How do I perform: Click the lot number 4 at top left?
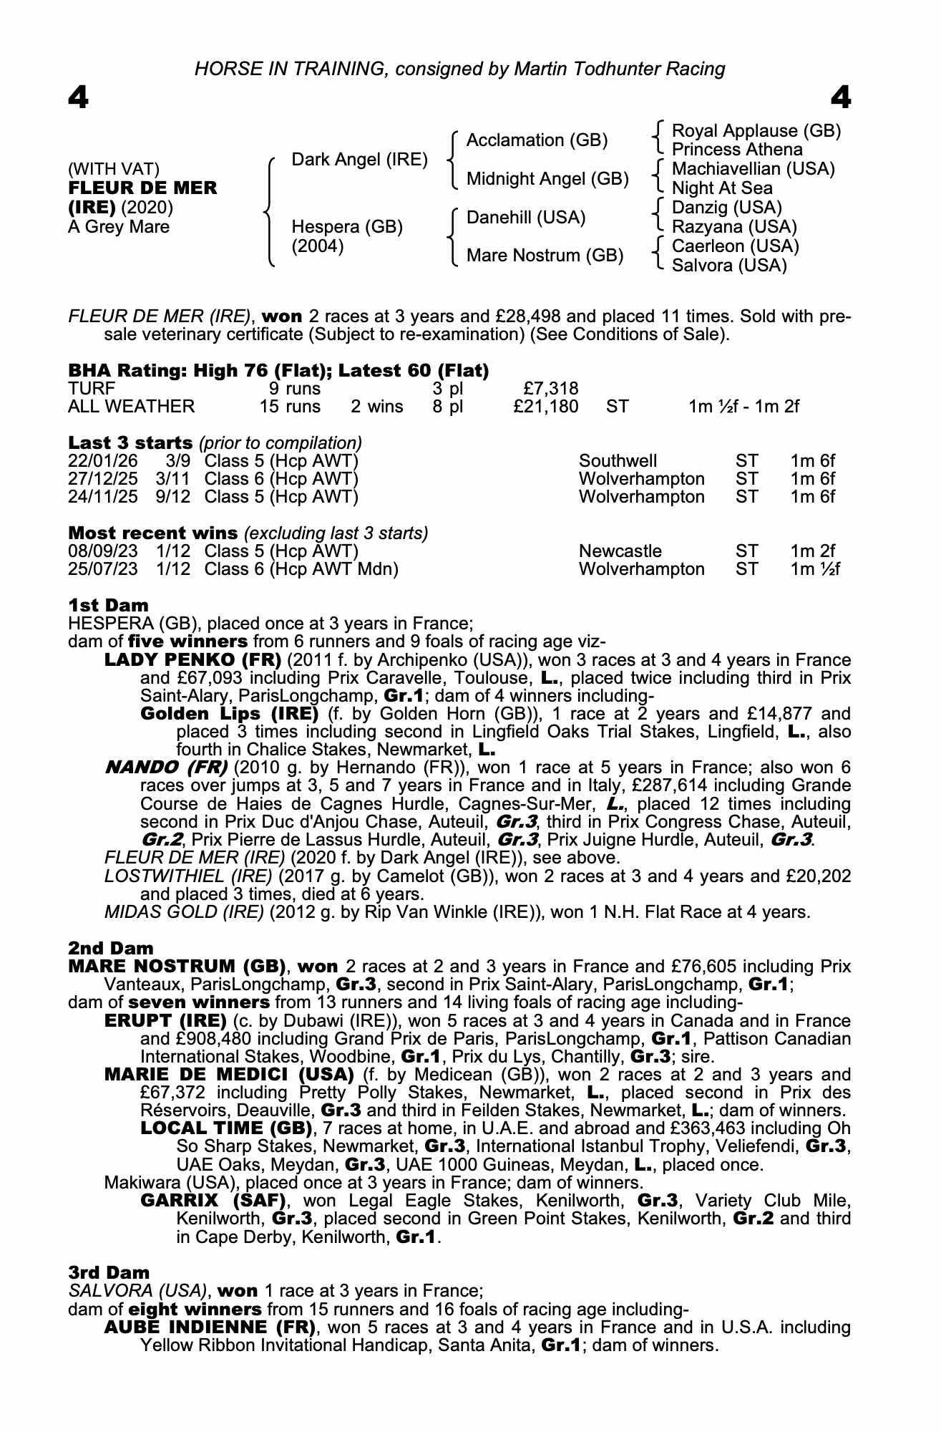tap(78, 97)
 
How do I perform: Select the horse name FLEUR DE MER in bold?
tap(142, 188)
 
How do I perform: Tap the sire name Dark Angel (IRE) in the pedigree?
tap(359, 160)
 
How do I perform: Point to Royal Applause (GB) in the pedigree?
tap(756, 131)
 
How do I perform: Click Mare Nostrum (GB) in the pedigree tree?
tap(545, 256)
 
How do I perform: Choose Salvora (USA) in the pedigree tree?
tap(729, 266)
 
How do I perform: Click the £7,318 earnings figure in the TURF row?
tap(550, 389)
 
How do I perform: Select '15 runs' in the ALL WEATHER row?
tap(290, 407)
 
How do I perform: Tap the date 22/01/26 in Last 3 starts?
tap(102, 461)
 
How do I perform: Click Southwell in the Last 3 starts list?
tap(618, 461)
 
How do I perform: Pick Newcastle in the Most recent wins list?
tap(620, 551)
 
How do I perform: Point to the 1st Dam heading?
tap(108, 606)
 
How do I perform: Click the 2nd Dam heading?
tap(110, 949)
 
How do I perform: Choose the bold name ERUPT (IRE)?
tap(165, 1021)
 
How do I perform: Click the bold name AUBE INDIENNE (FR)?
tap(210, 1327)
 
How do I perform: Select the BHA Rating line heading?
tap(278, 371)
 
